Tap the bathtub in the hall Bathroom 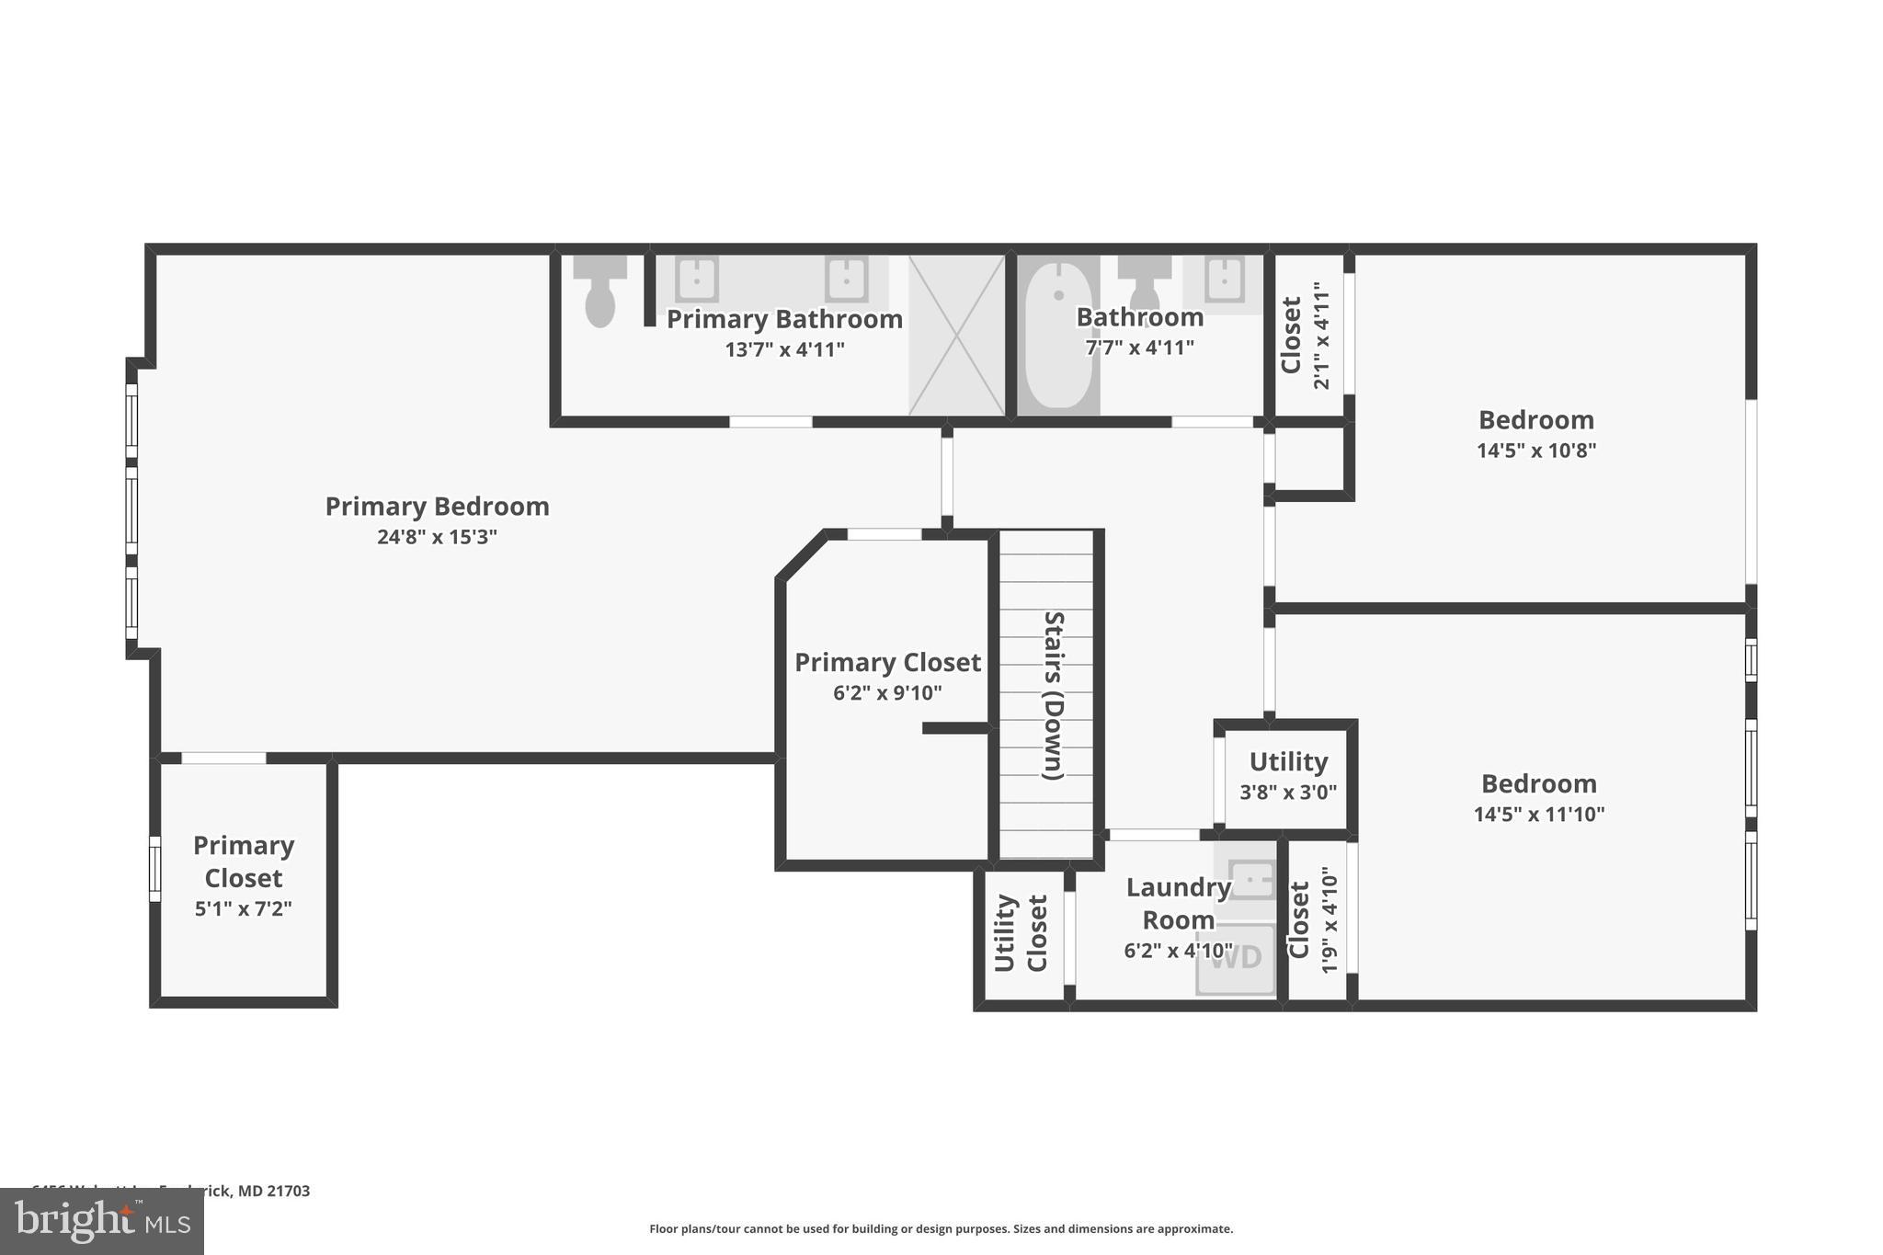coord(1058,337)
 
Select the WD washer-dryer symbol coord(1236,959)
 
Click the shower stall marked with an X coord(956,336)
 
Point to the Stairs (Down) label coord(1054,696)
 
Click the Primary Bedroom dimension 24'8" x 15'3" coord(437,537)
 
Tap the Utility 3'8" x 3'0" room coord(1287,777)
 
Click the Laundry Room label coord(1178,903)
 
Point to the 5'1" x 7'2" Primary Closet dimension coord(243,909)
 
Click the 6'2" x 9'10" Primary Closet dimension coord(887,693)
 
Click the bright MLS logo coord(102,1221)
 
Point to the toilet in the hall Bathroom coord(1144,285)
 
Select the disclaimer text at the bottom coord(941,1229)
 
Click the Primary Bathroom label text coord(784,319)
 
